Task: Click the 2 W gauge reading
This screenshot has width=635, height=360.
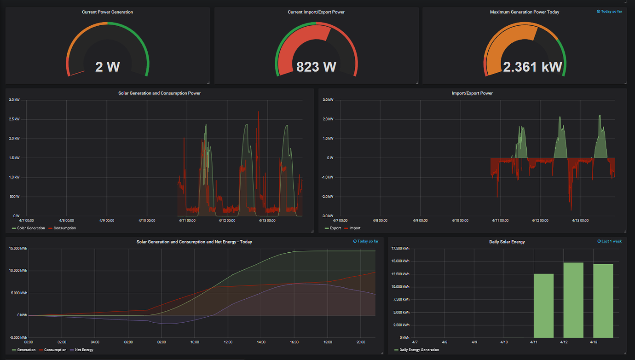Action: [107, 67]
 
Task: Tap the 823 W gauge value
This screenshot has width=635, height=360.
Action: [316, 67]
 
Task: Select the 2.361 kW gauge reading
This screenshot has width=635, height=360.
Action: [532, 67]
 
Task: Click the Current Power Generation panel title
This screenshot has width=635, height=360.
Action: [107, 12]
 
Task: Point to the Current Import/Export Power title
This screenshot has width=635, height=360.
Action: [316, 12]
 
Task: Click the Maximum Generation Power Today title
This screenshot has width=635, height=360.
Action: [525, 12]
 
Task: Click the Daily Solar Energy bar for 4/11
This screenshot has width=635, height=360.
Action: [543, 306]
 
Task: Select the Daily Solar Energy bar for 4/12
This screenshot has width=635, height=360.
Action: [573, 300]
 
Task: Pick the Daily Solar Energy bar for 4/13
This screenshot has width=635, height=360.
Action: [603, 301]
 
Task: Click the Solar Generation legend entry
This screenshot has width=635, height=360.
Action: [31, 228]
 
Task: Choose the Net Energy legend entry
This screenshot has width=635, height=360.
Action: [84, 350]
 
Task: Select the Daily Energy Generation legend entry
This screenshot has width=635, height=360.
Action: [419, 350]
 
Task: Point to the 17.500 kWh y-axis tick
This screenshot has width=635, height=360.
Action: [400, 249]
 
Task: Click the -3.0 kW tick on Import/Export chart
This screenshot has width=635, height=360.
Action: [327, 216]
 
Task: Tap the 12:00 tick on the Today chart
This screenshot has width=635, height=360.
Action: [228, 342]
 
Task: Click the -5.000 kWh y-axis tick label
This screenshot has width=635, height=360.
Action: [17, 337]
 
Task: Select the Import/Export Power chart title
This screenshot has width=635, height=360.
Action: [472, 93]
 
